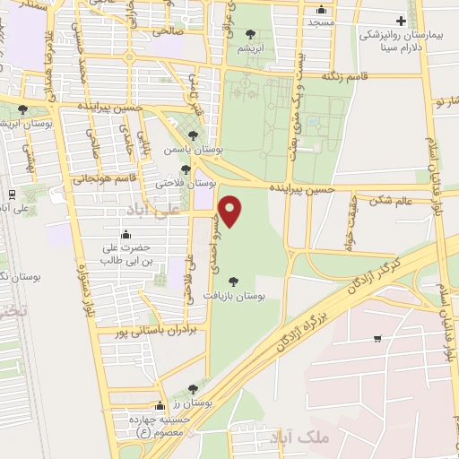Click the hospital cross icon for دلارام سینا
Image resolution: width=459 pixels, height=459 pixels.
pos(401,21)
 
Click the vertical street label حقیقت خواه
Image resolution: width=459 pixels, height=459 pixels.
pos(350,223)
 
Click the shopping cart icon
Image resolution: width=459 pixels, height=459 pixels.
pos(377,338)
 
